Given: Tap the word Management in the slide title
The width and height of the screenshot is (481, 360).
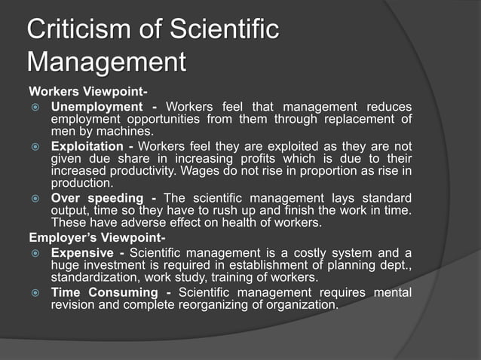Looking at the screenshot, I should coord(106,62).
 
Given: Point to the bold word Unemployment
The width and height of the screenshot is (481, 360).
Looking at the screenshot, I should coord(97,107).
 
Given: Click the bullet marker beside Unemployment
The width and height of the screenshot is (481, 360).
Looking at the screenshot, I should coord(35,107).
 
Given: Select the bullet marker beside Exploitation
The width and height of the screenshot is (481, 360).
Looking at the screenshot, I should coord(35,146).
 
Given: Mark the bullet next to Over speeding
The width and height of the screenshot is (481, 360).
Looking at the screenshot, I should coord(35,198).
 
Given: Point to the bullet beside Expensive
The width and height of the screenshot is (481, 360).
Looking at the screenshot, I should coord(35,250).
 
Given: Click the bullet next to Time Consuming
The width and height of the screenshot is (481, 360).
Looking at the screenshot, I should coord(35,291).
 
